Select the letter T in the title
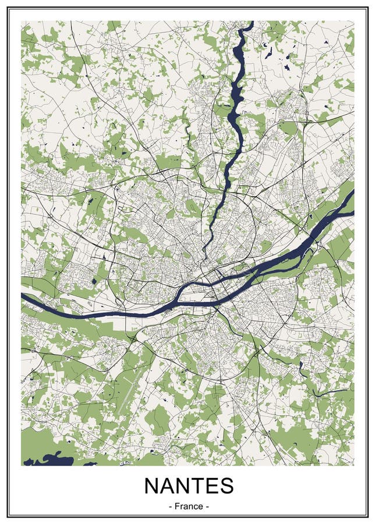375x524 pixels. click(x=201, y=486)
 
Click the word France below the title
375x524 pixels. click(x=187, y=506)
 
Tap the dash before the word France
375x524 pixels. click(x=169, y=506)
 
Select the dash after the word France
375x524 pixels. click(x=206, y=506)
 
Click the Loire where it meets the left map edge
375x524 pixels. click(x=23, y=296)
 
